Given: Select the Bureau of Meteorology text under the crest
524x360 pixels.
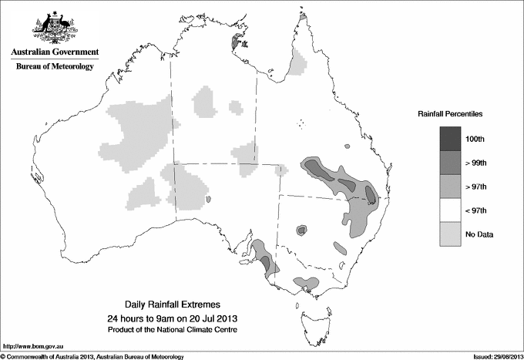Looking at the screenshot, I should pyautogui.click(x=55, y=67).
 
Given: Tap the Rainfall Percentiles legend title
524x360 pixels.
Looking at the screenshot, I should pyautogui.click(x=450, y=114).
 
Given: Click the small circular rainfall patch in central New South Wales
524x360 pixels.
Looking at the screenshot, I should pyautogui.click(x=301, y=230).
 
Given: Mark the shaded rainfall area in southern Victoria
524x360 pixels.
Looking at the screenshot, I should pyautogui.click(x=307, y=283).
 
